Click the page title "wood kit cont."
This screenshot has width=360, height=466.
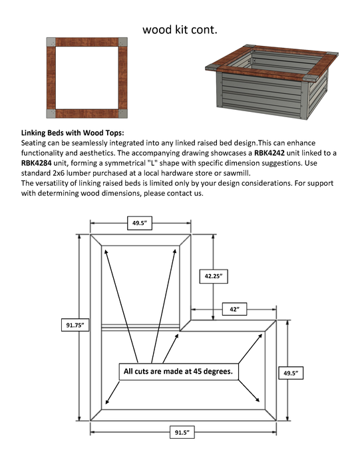point(180,30)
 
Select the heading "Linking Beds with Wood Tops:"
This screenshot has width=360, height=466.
point(73,133)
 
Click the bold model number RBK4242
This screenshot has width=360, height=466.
point(269,153)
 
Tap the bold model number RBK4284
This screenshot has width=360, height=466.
point(36,163)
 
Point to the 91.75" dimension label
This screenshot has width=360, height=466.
point(75,325)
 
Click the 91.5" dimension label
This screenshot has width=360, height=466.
point(182,432)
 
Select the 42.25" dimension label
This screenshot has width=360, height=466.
point(214,276)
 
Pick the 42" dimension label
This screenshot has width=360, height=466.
point(235,310)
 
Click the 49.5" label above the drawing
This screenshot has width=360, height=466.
point(140,223)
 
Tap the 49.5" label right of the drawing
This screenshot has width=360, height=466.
point(291,373)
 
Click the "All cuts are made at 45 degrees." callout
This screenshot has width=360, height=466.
point(178,371)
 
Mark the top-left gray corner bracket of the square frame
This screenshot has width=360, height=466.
point(51,42)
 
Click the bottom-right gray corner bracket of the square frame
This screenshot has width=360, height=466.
point(123,114)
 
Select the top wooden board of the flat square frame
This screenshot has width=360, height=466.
point(87,42)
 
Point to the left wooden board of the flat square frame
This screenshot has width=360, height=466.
point(51,78)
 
